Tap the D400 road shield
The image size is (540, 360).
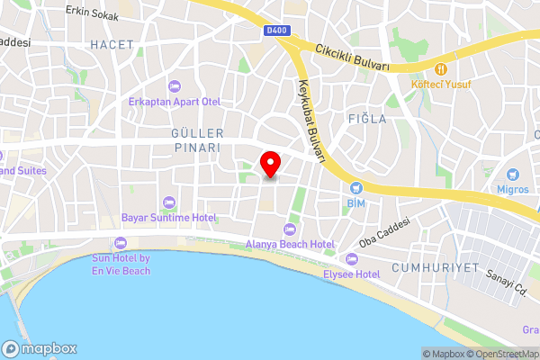click(277, 31)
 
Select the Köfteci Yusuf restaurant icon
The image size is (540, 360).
click(441, 68)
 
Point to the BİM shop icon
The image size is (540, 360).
click(355, 188)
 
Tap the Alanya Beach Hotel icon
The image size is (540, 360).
click(289, 229)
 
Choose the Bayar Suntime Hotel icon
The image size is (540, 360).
click(168, 202)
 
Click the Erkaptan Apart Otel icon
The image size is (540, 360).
click(175, 86)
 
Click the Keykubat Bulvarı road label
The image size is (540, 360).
click(309, 121)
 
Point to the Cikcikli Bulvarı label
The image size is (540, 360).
click(353, 57)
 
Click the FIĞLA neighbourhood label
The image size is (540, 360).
click(366, 118)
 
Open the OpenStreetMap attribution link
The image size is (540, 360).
click(502, 353)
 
